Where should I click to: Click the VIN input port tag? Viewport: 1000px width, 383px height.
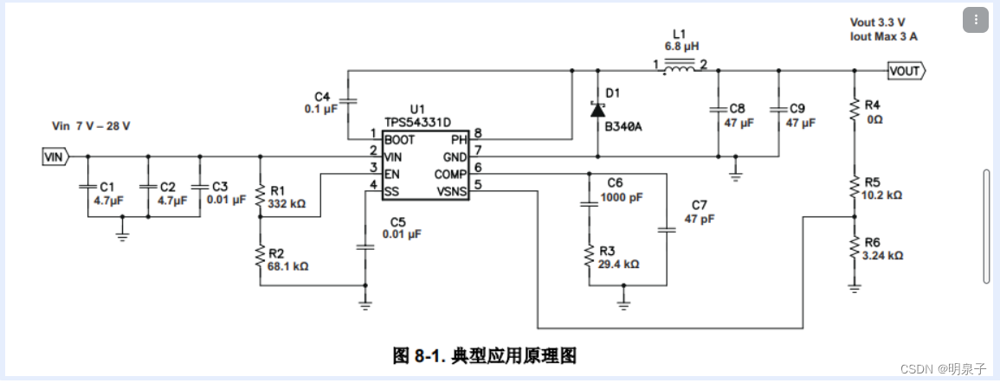tap(54, 157)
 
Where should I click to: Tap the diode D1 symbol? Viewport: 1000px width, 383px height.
tap(597, 109)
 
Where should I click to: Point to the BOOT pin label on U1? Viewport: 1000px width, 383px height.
tap(399, 139)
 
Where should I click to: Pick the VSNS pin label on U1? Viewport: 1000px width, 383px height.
tap(451, 192)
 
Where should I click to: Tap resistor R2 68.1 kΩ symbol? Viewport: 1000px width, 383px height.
tap(259, 256)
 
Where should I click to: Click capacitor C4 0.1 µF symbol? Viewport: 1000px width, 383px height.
tap(348, 101)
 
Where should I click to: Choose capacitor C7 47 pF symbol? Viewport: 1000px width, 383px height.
tap(667, 230)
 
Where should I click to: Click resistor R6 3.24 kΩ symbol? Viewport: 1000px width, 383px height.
tap(855, 250)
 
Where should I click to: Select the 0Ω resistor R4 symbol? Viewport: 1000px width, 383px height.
tap(855, 109)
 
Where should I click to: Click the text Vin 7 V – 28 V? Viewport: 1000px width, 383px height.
tap(91, 126)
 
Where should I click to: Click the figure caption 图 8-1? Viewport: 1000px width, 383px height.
tap(484, 354)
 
